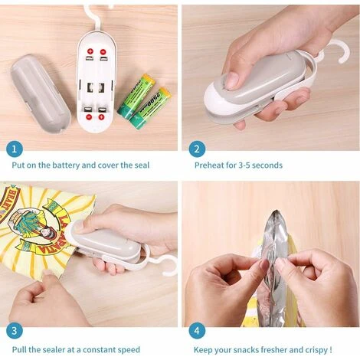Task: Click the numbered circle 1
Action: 15,149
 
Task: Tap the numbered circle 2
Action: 197,149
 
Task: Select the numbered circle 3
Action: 15,331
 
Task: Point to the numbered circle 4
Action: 197,331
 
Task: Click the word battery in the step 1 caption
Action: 66,165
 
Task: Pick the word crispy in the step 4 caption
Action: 315,350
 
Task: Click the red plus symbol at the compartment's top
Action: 90,51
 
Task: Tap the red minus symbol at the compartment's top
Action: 103,52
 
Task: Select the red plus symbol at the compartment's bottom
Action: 101,117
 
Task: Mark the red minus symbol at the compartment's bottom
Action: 89,117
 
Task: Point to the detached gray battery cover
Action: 40,93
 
